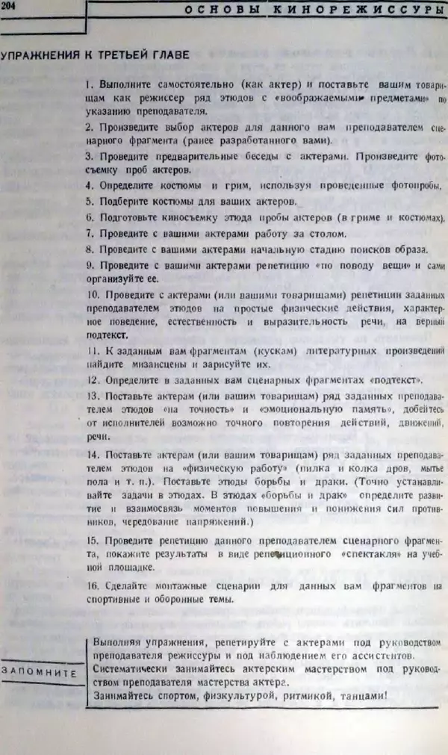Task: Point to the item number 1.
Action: (88, 84)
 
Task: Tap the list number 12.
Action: (90, 380)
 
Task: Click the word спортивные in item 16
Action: (117, 598)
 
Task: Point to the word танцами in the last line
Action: (361, 696)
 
